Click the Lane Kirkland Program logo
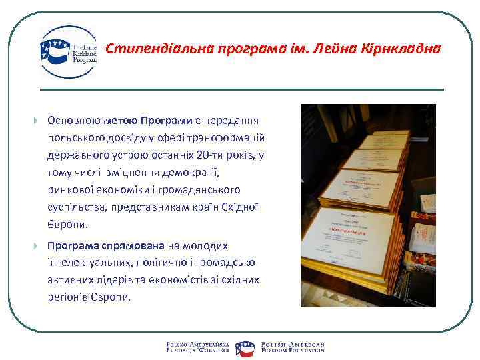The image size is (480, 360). tap(69, 51)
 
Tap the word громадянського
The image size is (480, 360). tap(200, 189)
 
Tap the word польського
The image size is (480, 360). tap(75, 137)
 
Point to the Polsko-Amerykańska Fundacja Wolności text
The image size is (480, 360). tap(198, 346)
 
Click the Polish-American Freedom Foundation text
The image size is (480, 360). tap(293, 346)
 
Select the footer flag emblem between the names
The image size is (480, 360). tap(245, 346)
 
